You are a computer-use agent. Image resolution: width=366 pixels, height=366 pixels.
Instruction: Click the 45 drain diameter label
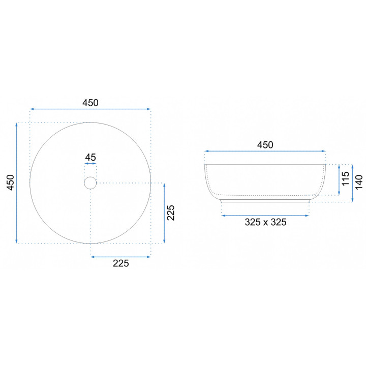point(90,157)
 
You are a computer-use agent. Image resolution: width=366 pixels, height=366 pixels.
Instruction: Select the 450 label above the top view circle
point(90,103)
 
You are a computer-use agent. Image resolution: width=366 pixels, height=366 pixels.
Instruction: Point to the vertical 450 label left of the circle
point(11,182)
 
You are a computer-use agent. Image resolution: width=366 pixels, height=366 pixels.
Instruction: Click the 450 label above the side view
point(265,145)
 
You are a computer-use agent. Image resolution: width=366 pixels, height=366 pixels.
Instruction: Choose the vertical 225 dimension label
point(171,212)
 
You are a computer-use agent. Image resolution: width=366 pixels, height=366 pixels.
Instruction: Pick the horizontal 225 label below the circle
point(120,263)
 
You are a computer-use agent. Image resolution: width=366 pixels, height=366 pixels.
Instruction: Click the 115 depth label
point(346,178)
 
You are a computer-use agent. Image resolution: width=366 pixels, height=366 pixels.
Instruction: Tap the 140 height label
point(359,182)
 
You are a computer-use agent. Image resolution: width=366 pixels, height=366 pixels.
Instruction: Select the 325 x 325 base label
point(265,222)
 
